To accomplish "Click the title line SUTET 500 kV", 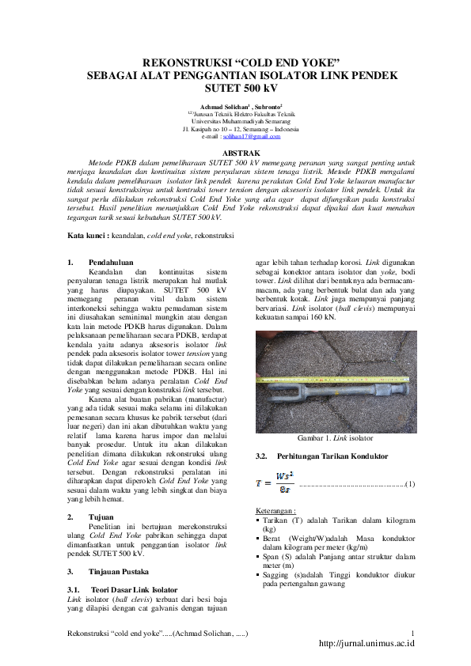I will (x=236, y=89).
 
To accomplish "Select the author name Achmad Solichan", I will (x=225, y=105).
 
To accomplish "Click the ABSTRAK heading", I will (x=235, y=150).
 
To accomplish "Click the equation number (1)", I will (x=409, y=483).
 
